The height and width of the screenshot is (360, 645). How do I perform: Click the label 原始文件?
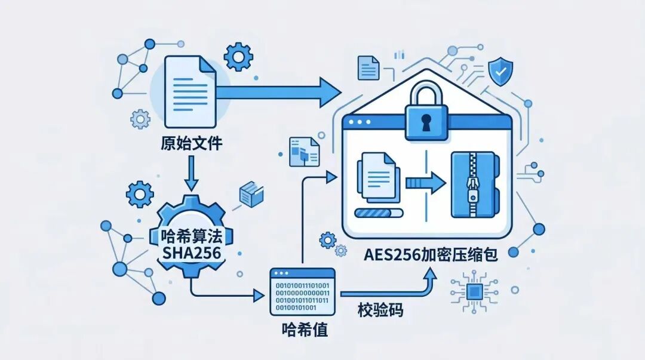(191, 143)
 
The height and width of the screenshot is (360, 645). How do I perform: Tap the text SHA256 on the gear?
(192, 253)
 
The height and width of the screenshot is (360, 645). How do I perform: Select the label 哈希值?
(305, 329)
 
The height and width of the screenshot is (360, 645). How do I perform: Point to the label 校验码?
(380, 310)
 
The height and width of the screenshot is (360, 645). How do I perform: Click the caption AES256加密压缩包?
(431, 255)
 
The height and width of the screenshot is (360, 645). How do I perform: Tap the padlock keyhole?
(426, 122)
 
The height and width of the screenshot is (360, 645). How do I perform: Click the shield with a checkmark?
(500, 72)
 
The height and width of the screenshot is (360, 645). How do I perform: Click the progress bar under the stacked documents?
(379, 213)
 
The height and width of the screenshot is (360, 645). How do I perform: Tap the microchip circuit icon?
(474, 292)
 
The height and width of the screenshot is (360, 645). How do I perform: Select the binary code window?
(302, 292)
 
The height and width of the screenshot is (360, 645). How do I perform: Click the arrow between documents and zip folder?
(426, 183)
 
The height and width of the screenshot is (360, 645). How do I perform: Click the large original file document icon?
(190, 92)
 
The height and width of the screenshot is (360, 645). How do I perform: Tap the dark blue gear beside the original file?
(238, 56)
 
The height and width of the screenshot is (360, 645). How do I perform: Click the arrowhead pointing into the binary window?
(259, 295)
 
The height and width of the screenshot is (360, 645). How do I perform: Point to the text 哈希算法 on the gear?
(192, 236)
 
